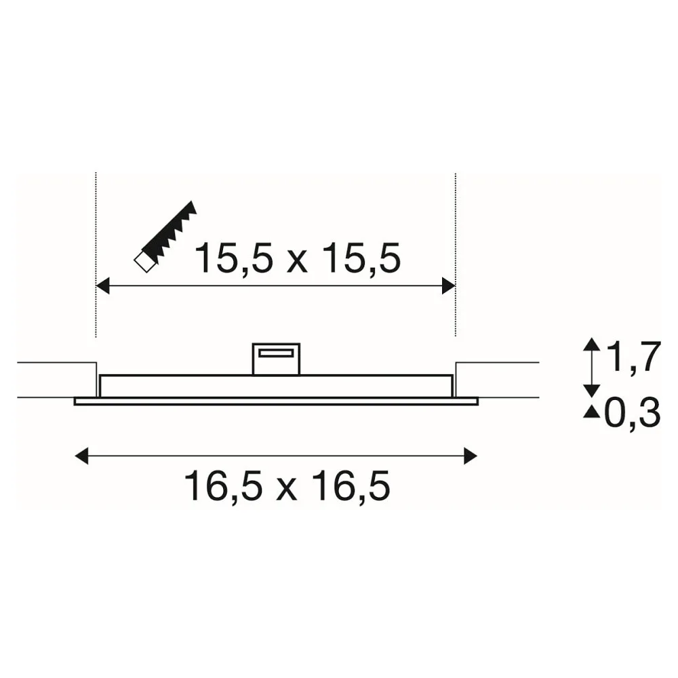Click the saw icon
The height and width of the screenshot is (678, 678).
point(165,237)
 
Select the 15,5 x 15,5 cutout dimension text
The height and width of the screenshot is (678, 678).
point(298,258)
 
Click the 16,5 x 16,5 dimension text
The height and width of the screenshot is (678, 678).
point(287,485)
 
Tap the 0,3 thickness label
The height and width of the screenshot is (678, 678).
point(632,413)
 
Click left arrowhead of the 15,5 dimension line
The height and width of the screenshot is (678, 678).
point(102,286)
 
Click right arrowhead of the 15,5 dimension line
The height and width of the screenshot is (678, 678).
point(449,286)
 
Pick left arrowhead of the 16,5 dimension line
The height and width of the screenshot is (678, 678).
point(81,456)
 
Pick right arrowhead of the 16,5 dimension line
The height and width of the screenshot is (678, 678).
point(471,456)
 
